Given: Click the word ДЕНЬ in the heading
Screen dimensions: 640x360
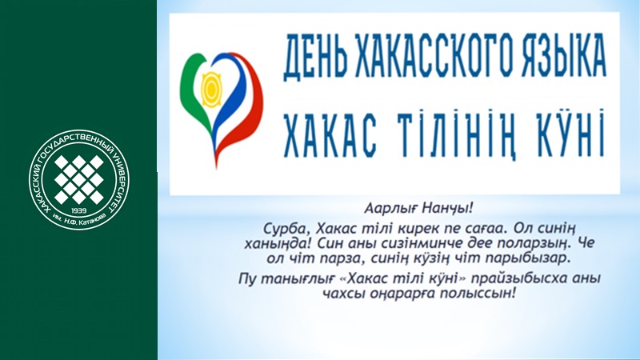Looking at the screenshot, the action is [315, 57].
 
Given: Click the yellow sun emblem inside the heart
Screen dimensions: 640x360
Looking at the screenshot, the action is [211, 89].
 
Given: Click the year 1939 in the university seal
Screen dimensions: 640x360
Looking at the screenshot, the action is [78, 210].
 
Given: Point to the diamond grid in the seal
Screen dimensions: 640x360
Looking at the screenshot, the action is [78, 179].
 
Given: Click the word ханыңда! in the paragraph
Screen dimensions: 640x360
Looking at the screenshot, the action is [278, 243].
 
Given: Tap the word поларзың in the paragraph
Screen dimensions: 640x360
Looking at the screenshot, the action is [531, 243].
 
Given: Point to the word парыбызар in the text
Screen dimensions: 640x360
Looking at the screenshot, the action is [531, 258].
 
